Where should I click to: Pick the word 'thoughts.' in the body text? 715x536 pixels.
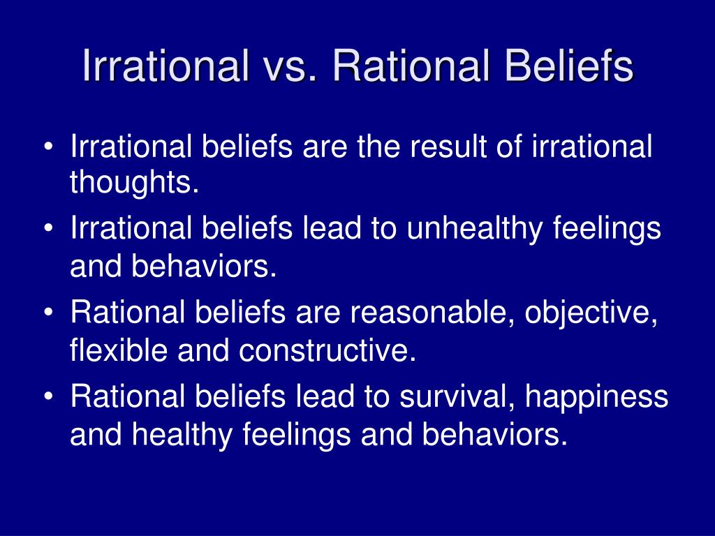(x=135, y=181)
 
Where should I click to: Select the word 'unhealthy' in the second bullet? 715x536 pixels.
(x=475, y=228)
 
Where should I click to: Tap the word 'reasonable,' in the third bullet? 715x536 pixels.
(x=429, y=312)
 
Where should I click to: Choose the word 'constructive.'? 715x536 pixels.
(x=327, y=350)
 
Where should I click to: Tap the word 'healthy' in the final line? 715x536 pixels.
(x=182, y=435)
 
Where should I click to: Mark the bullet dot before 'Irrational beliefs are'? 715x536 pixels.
(x=49, y=147)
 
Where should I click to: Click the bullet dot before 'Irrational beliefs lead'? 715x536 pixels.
(x=49, y=228)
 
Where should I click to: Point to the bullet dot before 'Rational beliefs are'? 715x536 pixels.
(x=49, y=312)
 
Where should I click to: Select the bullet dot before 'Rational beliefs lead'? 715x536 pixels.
(x=49, y=396)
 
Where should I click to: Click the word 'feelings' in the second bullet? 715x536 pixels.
(x=607, y=228)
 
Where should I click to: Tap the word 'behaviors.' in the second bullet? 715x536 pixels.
(x=205, y=266)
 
